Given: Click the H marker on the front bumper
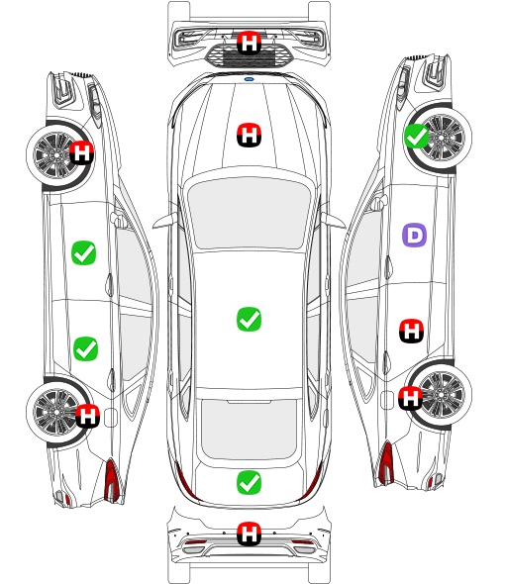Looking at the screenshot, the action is coord(249,43).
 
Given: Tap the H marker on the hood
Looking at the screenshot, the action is coord(249,135).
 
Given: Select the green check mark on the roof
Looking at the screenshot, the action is coord(249,319).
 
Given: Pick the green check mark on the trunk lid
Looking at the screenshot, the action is coord(249,483).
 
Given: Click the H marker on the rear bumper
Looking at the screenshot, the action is coord(249,534).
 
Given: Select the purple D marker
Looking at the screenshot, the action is coord(414,235).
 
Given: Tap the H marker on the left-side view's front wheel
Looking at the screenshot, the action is coord(81,152).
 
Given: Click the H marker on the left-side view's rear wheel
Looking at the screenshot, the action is coord(87,416).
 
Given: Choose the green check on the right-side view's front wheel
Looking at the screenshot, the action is coord(416,136).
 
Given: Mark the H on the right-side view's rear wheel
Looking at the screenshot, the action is coord(411,398).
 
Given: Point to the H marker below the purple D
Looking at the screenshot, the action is coord(412,331).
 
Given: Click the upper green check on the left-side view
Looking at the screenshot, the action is coord(83,252).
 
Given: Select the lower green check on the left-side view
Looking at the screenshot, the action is coord(85,349).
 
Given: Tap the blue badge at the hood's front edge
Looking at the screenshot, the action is coord(249,79).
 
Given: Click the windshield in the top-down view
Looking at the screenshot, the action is coord(249,212).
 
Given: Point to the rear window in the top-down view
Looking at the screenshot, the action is coord(249,429).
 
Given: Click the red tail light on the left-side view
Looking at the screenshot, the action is coord(112,480).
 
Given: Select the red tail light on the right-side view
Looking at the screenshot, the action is coord(386,462).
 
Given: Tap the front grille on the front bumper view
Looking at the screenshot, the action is coord(249,55).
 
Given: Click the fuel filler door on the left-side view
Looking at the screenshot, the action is coord(111,418).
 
